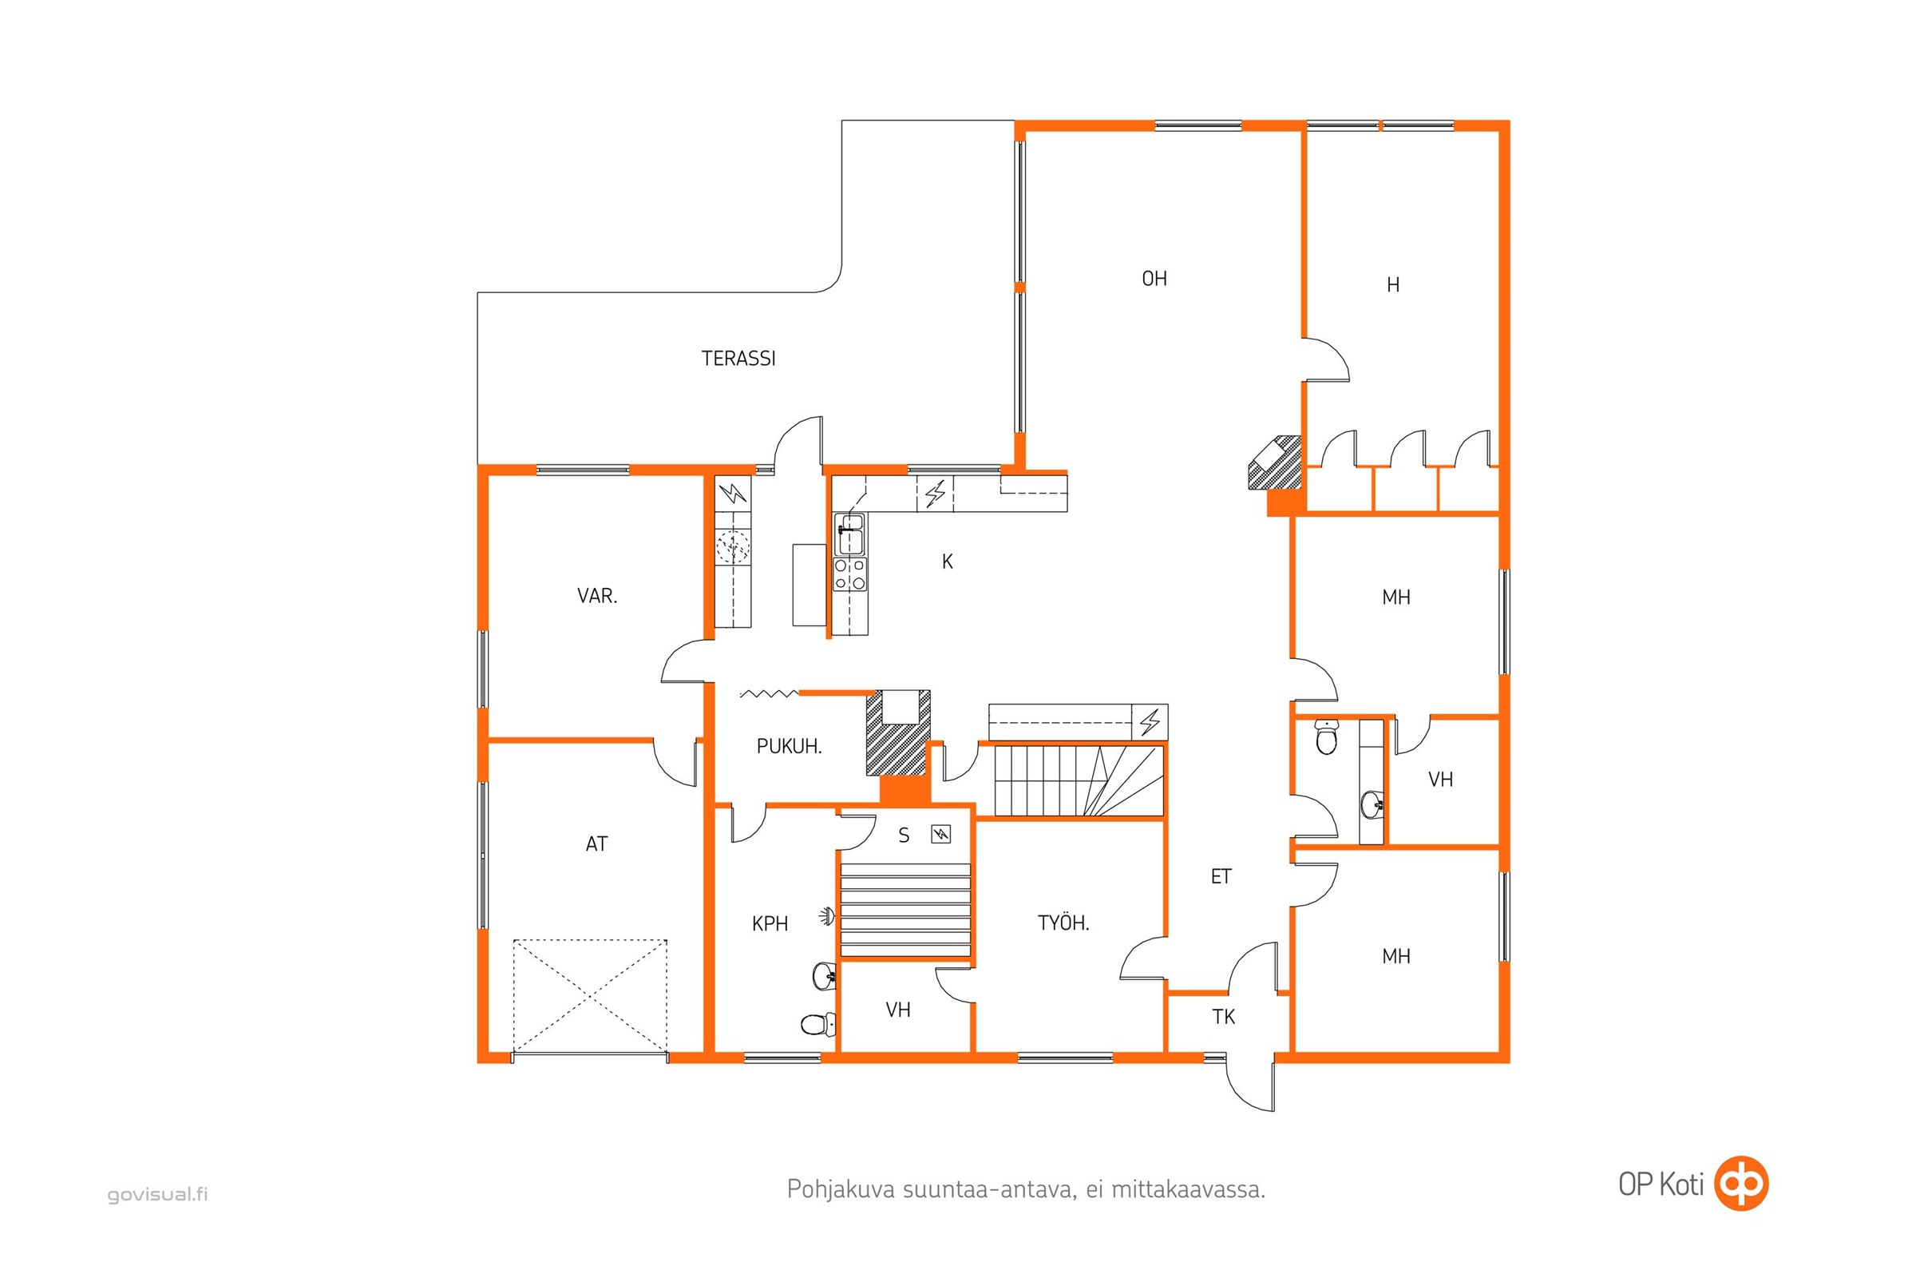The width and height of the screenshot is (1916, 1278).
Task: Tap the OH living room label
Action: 1154,279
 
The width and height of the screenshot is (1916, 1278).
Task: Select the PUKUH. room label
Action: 789,747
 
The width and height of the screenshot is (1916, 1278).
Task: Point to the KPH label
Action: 770,923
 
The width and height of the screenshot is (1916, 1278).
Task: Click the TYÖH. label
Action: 1063,923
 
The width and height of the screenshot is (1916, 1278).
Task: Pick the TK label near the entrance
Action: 1224,1016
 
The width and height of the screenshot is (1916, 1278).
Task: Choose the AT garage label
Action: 596,843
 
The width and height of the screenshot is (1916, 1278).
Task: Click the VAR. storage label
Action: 597,596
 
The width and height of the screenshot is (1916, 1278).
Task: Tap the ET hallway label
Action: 1221,876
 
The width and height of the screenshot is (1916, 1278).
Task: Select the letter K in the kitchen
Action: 948,562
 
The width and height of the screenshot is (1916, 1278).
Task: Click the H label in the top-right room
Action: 1393,285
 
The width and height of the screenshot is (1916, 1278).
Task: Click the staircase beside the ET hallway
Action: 1079,780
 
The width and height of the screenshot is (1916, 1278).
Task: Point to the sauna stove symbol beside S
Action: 941,834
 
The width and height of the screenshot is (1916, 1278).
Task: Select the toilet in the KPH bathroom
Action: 817,1023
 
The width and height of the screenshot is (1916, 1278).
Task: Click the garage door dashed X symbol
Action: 590,996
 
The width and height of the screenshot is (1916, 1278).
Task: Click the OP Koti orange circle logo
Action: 1742,1183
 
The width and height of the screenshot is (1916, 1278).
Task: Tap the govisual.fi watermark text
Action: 157,1195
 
